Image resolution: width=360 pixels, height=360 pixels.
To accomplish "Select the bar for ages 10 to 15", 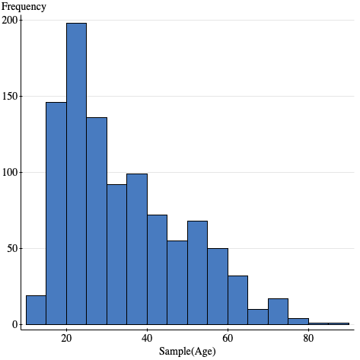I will coord(36,310).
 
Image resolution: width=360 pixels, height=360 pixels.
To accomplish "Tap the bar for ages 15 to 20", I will coord(56,213).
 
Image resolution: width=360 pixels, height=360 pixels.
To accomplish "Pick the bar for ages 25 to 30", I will coord(96,221).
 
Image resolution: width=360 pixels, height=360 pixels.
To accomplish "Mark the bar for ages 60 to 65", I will coord(237,300).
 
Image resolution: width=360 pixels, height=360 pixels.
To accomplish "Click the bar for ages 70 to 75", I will coord(278,311).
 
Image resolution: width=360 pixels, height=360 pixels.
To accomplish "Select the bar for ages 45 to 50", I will coord(177,282).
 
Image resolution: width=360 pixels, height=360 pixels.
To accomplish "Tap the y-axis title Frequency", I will coord(24,7).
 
